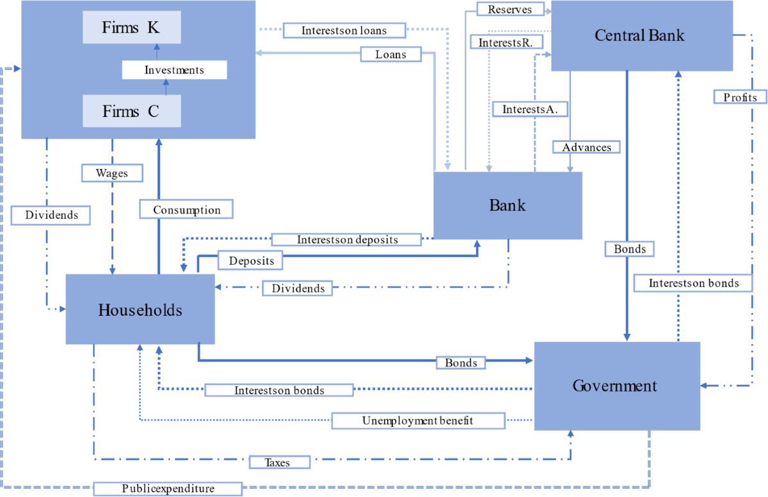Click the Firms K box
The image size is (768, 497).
pyautogui.click(x=132, y=28)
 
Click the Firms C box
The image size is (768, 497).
pyautogui.click(x=132, y=111)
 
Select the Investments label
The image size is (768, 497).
pyautogui.click(x=174, y=70)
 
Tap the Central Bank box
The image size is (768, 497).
pyautogui.click(x=640, y=35)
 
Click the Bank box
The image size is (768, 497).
pyautogui.click(x=508, y=205)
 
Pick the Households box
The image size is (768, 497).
pyautogui.click(x=140, y=310)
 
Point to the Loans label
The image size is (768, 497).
pyautogui.click(x=390, y=54)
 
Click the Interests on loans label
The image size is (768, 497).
pyautogui.click(x=344, y=30)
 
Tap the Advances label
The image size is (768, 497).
pyautogui.click(x=587, y=147)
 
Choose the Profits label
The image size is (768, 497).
pyautogui.click(x=740, y=97)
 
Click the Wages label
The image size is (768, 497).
pyautogui.click(x=111, y=173)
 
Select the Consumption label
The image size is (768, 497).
pyautogui.click(x=186, y=209)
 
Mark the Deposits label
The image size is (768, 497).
pyautogui.click(x=251, y=260)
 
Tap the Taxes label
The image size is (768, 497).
pyautogui.click(x=278, y=462)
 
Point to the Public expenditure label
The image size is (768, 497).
pyautogui.click(x=168, y=489)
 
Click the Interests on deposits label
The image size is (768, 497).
pyautogui.click(x=347, y=239)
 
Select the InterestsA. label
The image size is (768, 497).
pyautogui.click(x=530, y=109)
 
